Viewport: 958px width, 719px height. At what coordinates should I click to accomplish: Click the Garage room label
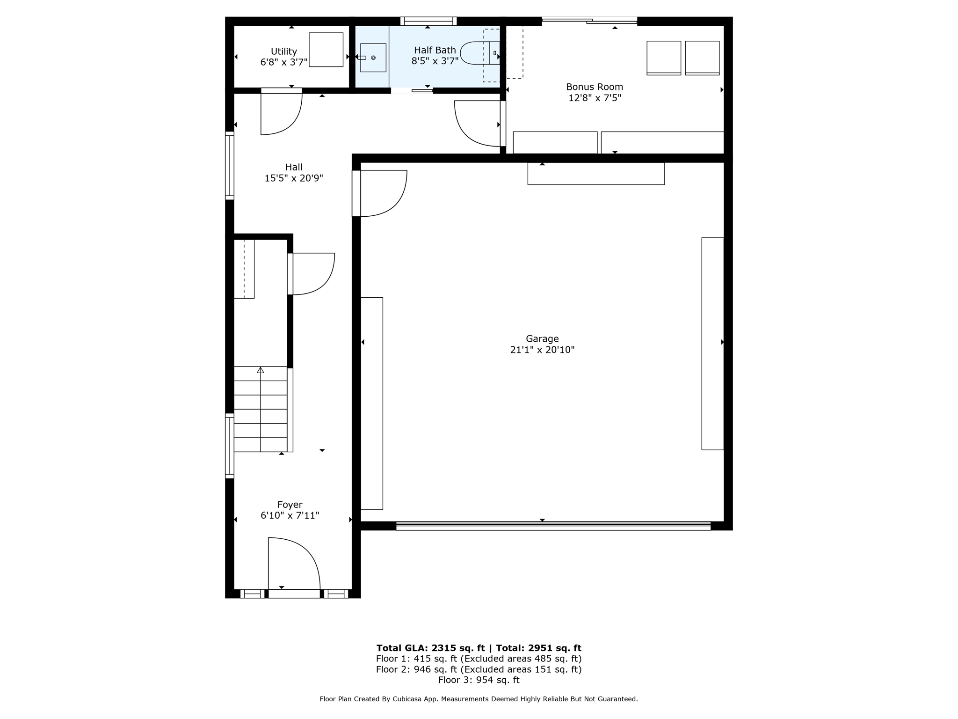[542, 338]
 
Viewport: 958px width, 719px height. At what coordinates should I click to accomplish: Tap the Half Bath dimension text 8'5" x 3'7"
[435, 61]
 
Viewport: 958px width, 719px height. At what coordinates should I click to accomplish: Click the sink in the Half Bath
[373, 58]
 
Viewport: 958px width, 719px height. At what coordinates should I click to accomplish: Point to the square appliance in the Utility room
[326, 50]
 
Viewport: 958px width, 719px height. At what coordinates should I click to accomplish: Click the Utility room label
[283, 51]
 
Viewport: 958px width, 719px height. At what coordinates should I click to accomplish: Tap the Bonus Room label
[594, 87]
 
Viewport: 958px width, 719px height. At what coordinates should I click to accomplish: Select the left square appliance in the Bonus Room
[663, 58]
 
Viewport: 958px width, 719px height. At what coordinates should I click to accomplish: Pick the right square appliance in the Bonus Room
[702, 58]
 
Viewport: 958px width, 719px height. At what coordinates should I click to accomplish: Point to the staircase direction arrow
[260, 370]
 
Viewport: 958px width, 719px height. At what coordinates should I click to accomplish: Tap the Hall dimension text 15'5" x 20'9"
[293, 178]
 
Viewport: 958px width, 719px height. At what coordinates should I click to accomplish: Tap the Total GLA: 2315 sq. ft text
[430, 648]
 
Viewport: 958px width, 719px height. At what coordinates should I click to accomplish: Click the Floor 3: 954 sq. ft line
[479, 680]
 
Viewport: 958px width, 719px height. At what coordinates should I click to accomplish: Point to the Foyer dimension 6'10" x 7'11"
[290, 515]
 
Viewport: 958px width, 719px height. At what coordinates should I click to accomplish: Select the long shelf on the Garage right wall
[712, 344]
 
